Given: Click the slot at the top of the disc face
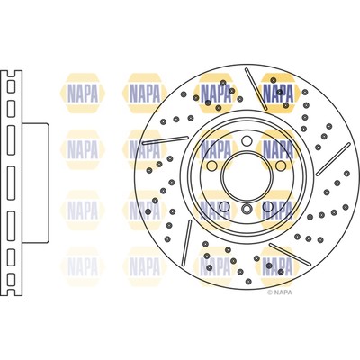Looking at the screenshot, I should (236, 91).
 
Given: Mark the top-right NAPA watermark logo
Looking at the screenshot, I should (279, 92).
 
